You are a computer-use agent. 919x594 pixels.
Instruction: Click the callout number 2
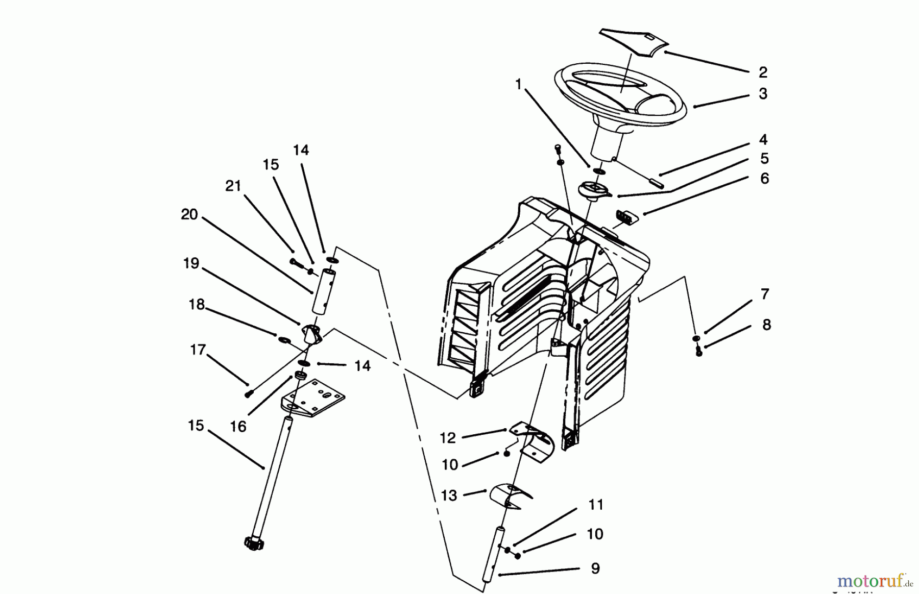click(763, 72)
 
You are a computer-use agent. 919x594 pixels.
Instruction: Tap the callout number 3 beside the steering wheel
click(763, 94)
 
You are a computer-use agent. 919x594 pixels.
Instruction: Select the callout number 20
click(189, 215)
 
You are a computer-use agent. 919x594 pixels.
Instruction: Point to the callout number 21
click(233, 186)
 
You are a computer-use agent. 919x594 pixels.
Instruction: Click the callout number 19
click(191, 264)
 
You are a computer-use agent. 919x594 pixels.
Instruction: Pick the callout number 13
click(449, 496)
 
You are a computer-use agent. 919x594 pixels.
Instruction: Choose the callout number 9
click(595, 568)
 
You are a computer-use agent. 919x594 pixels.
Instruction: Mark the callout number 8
click(766, 325)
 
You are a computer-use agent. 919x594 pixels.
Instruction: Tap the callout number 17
click(198, 350)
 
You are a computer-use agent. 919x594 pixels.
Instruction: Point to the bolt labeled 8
click(699, 351)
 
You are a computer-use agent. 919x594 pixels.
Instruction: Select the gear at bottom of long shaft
click(254, 543)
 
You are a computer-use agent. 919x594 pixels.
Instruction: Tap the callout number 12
click(447, 438)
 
